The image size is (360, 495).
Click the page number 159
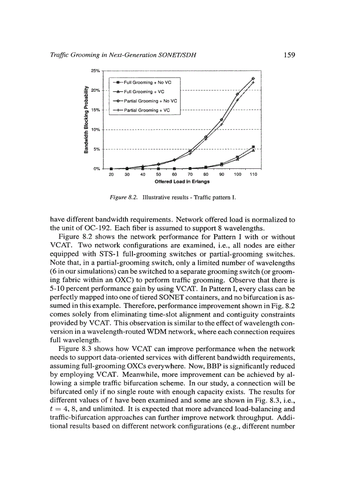point(289,55)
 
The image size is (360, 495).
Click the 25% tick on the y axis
point(96,71)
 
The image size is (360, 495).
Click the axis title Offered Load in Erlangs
point(182,181)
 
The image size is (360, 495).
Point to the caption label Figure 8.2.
point(124,198)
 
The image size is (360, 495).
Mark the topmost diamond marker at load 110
point(253,78)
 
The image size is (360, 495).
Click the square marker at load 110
point(253,147)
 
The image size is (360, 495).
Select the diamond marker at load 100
point(237,94)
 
